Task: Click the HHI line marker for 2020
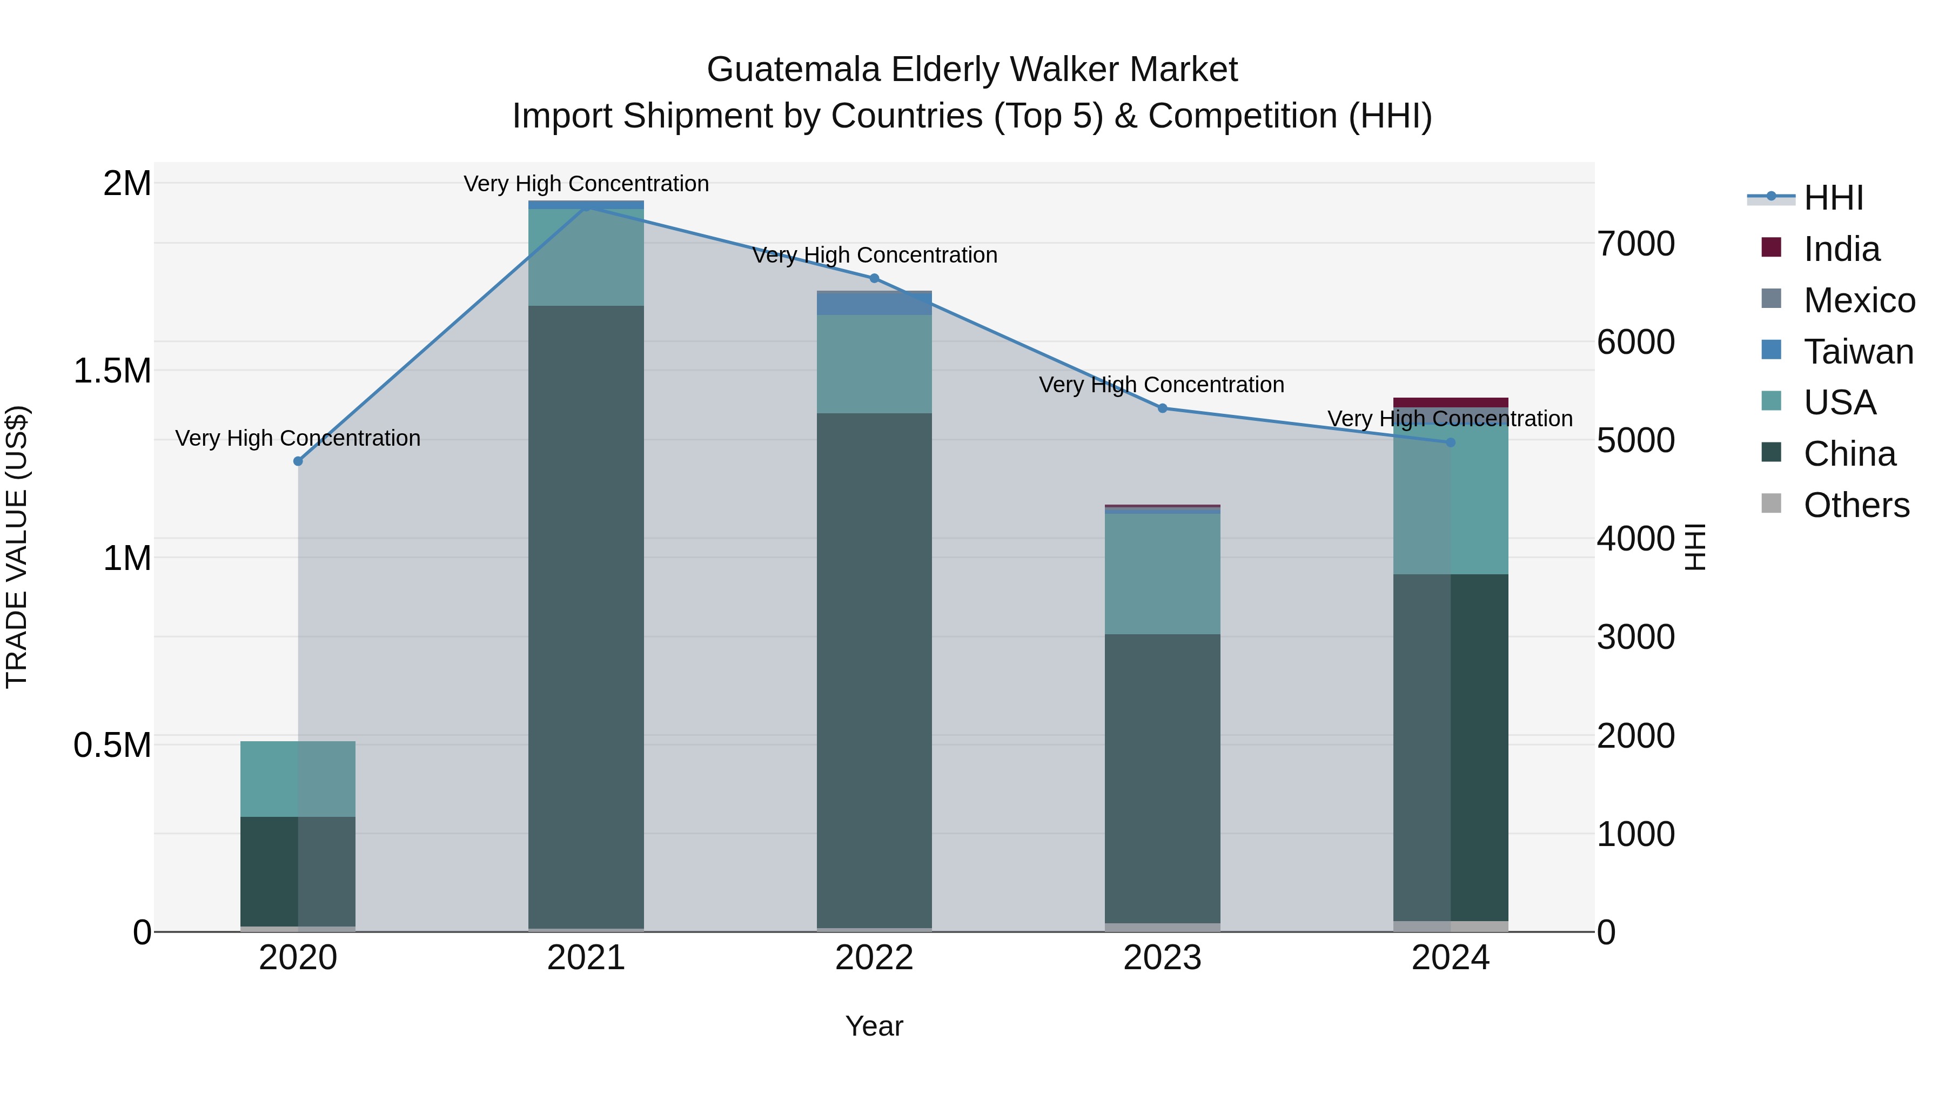pos(298,461)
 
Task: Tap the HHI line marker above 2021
pos(587,205)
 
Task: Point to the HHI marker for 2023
pos(1163,408)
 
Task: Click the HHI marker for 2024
pos(1451,442)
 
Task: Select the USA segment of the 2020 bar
pos(298,779)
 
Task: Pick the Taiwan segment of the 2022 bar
pos(874,304)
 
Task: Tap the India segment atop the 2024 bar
pos(1451,402)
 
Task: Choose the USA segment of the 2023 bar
pos(1163,574)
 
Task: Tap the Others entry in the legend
pos(1856,505)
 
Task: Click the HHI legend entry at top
pos(1833,198)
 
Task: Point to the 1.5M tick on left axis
pos(112,371)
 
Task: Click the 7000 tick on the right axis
pos(1635,244)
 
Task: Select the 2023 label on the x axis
pos(1163,958)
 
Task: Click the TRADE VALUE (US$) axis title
pos(17,547)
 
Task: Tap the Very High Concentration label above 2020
pos(298,438)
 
